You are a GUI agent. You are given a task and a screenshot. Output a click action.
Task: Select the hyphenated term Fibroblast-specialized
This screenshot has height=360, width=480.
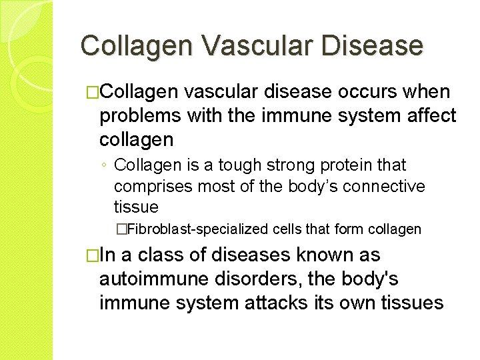[197, 229]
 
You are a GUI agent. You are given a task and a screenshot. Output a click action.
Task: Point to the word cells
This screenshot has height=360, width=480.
[287, 229]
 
